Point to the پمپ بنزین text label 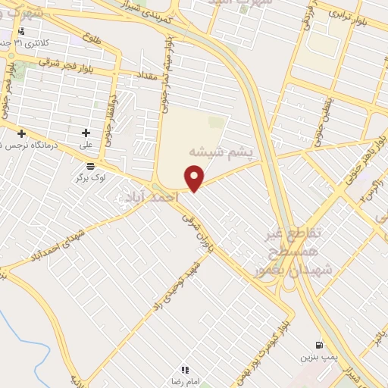click(316, 356)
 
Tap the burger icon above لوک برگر click(91, 166)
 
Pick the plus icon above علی click(86, 133)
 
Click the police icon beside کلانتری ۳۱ click(20, 32)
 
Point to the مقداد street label click(147, 76)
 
